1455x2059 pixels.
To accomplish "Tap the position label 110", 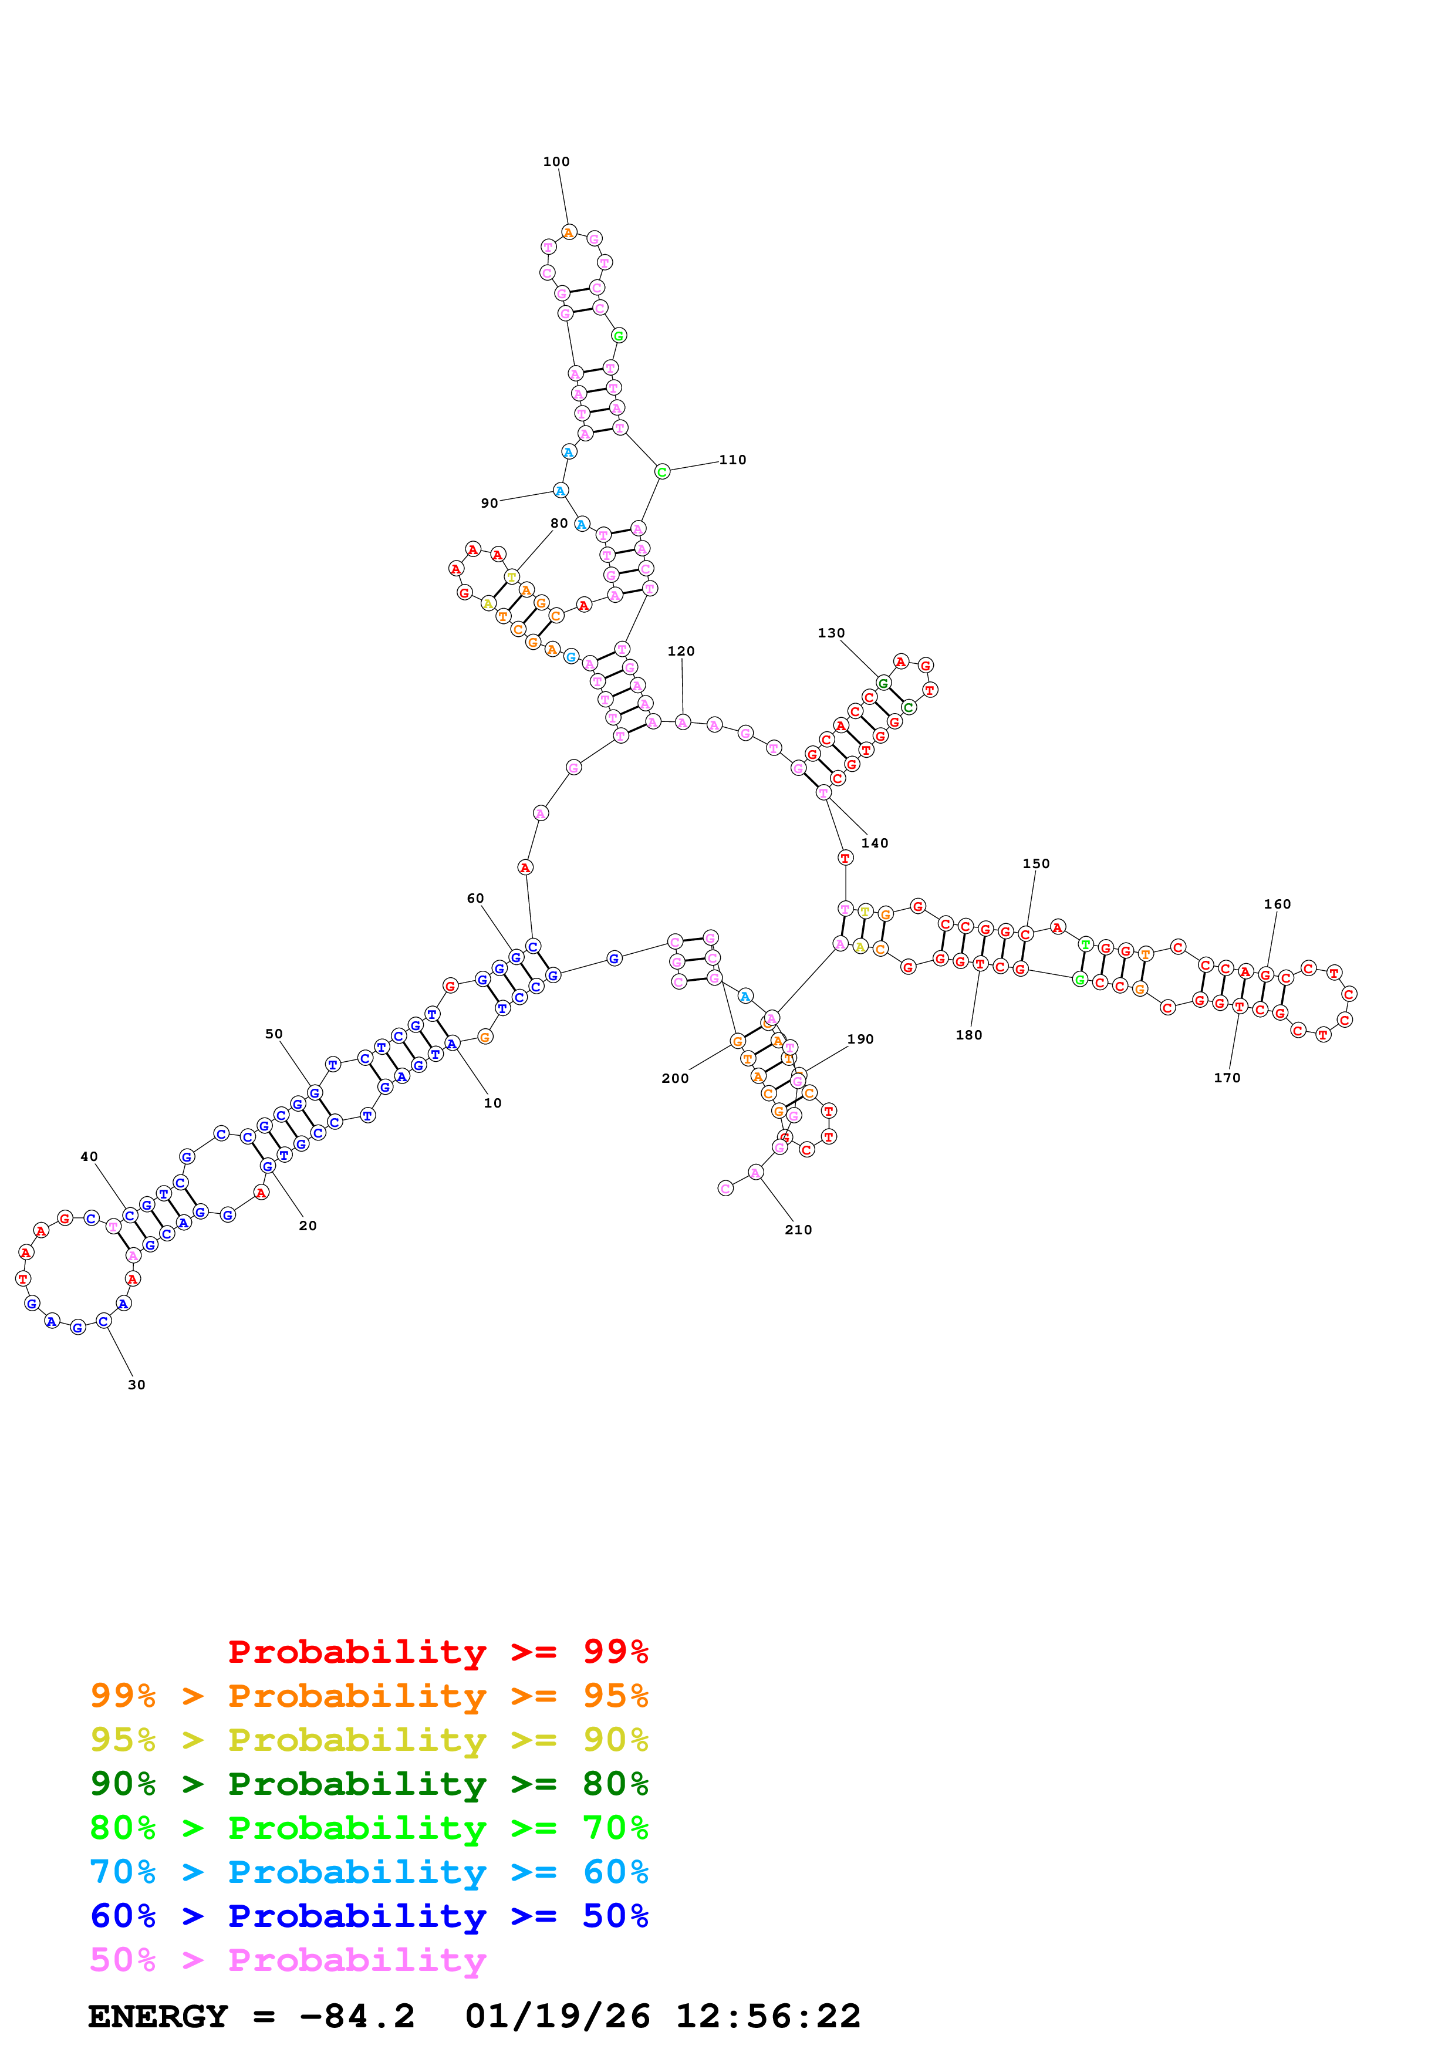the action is tap(732, 460).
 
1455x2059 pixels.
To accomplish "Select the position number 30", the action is tap(136, 1385).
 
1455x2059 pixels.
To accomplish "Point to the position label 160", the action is tap(1278, 904).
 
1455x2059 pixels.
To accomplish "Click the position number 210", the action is tap(798, 1230).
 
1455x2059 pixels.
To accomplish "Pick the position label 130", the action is tap(831, 633).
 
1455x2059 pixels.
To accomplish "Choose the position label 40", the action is tap(89, 1157).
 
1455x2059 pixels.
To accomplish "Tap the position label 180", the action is tap(968, 1035).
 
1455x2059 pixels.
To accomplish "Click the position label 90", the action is tap(489, 503).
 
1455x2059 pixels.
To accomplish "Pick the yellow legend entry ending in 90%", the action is tap(369, 1739).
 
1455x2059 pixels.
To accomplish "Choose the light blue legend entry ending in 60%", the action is tap(369, 1872).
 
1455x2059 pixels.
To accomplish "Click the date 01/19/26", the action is tap(557, 2016).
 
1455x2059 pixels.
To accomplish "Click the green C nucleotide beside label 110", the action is tap(661, 472).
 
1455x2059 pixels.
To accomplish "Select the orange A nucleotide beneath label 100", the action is tap(568, 233).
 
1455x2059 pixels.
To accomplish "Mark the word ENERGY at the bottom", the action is tap(158, 2016).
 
